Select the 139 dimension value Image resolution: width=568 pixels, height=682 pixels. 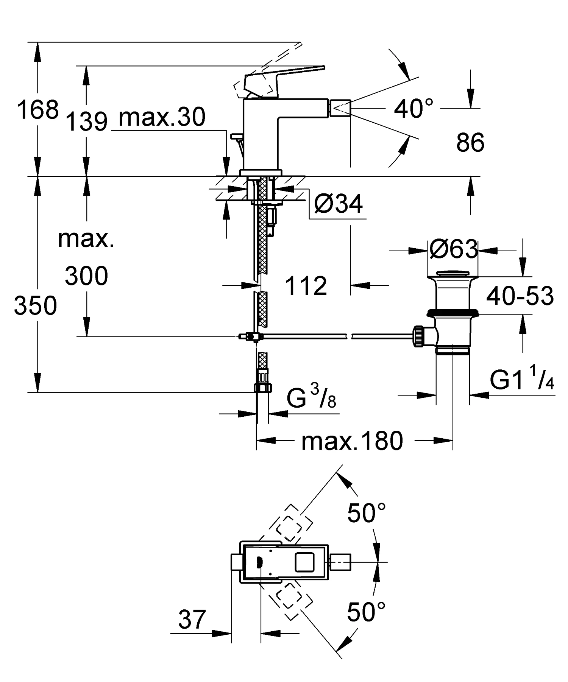point(87,122)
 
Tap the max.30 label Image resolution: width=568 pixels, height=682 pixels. point(162,117)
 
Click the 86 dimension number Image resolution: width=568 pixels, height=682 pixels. point(470,143)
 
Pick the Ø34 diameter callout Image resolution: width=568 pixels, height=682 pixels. point(338,204)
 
